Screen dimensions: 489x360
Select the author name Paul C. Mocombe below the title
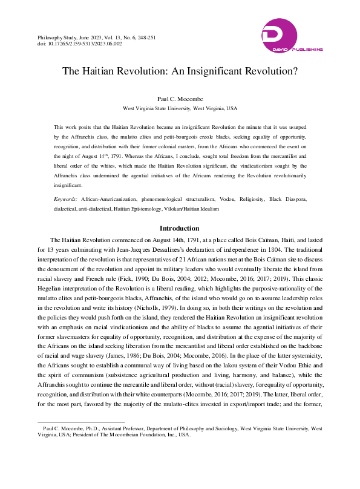(x=180, y=99)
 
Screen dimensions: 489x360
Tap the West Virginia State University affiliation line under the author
(x=180, y=108)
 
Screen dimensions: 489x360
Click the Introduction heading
(x=179, y=228)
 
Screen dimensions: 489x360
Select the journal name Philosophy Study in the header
(x=62, y=37)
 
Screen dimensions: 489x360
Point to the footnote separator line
(x=81, y=421)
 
